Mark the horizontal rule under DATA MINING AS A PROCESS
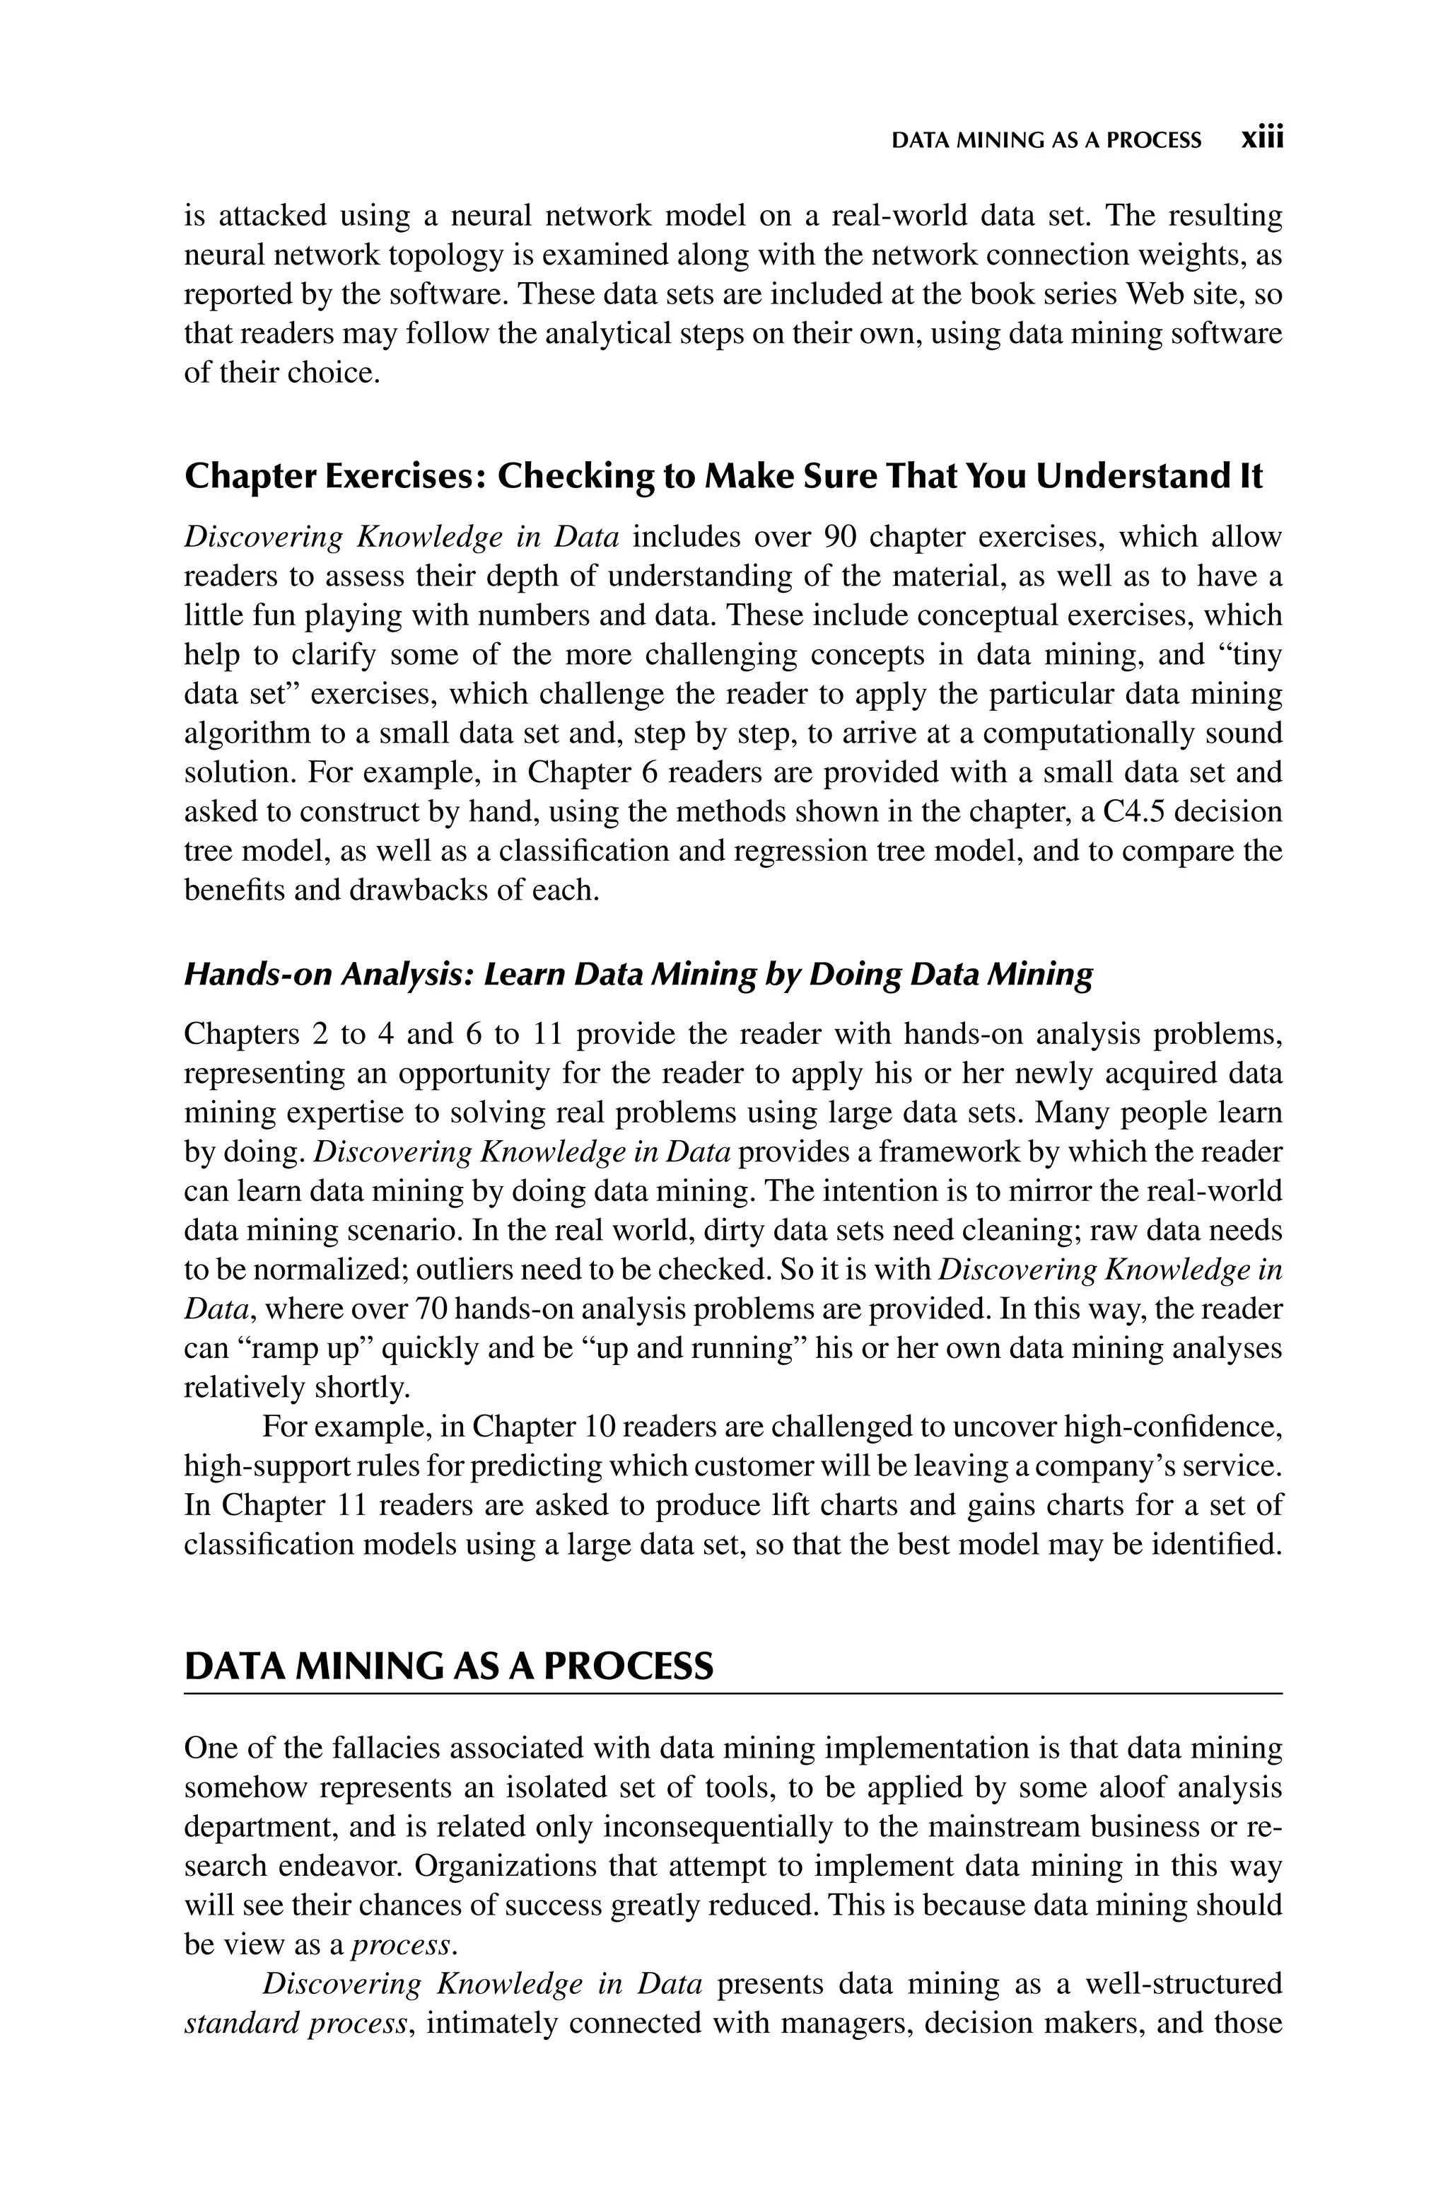(x=733, y=1695)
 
